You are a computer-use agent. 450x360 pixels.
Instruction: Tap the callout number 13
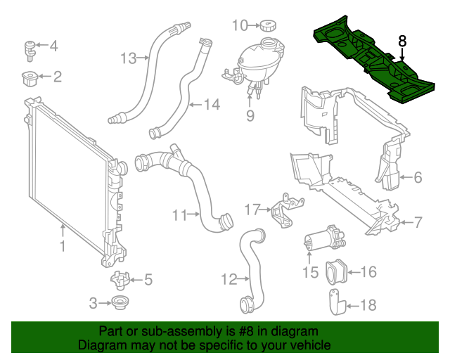tap(127, 58)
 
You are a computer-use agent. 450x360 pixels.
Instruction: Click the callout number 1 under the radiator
tap(62, 246)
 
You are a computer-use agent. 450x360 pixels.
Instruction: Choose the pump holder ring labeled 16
tap(335, 271)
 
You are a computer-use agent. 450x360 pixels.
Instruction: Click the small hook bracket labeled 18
tap(335, 304)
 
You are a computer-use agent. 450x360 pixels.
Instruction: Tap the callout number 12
tap(229, 280)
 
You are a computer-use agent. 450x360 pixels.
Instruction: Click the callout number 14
tap(212, 105)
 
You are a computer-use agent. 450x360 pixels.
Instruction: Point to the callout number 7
tap(417, 223)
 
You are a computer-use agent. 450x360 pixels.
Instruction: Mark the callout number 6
tap(417, 178)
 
